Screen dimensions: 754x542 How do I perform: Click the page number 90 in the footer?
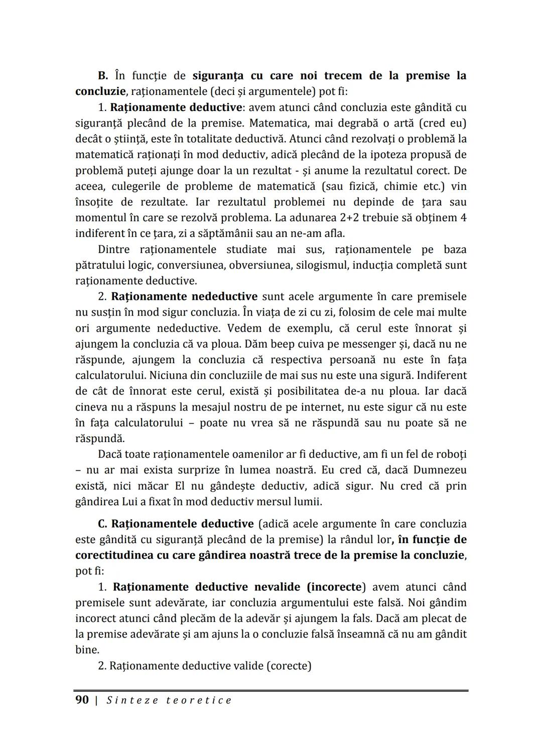(x=82, y=700)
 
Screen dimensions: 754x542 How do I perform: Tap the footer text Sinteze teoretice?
(x=169, y=700)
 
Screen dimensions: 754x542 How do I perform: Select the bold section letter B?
(x=103, y=76)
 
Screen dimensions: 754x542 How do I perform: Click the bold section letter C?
(x=102, y=524)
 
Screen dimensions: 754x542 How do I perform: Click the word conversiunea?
(x=193, y=265)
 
